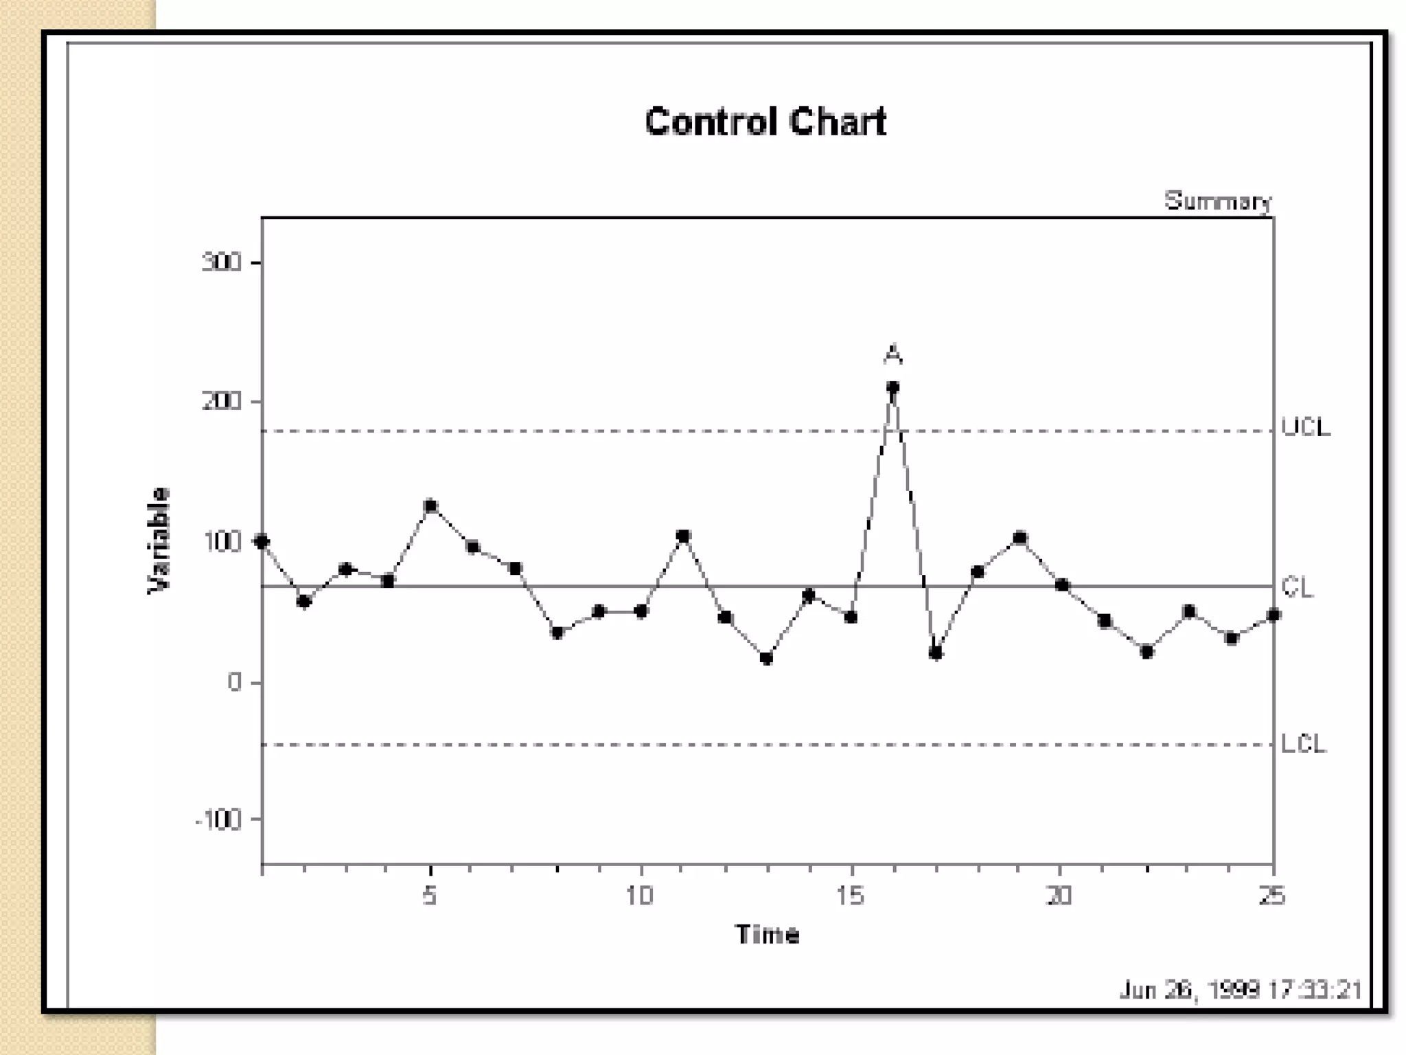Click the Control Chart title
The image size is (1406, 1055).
[x=765, y=122]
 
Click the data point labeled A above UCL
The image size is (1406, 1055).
[x=892, y=388]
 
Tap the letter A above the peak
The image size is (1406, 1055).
[x=892, y=354]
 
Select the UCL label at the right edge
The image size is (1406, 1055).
[x=1306, y=427]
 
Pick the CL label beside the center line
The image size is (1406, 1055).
[x=1298, y=587]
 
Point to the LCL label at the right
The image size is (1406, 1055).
[x=1304, y=743]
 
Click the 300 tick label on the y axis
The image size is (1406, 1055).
[x=221, y=262]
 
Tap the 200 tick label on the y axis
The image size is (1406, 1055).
[x=221, y=401]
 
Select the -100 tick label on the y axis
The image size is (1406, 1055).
[x=218, y=819]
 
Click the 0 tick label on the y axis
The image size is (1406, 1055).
[x=235, y=682]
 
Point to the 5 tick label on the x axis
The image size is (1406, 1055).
[x=430, y=896]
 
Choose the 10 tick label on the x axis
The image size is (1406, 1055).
[x=639, y=896]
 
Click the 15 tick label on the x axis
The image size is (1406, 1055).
[x=850, y=896]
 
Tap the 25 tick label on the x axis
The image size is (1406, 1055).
[x=1271, y=896]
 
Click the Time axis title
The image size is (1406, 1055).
[x=767, y=935]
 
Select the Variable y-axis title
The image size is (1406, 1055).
[x=159, y=541]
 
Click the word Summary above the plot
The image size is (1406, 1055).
[x=1217, y=201]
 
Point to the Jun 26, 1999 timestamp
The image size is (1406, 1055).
[x=1240, y=990]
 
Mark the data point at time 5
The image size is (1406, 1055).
[x=430, y=506]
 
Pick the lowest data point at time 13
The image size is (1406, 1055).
[x=767, y=659]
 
